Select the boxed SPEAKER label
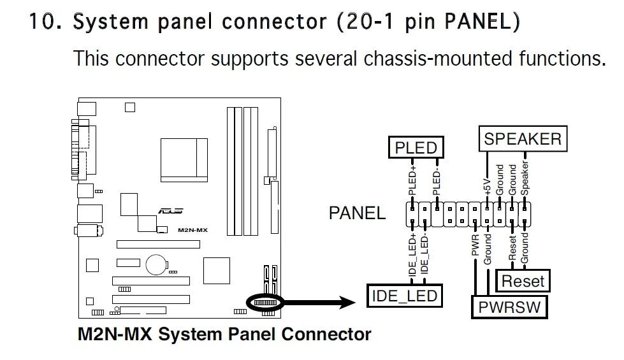[523, 139]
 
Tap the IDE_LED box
[405, 295]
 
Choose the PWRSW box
[509, 307]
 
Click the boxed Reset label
[523, 280]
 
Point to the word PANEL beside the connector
[357, 213]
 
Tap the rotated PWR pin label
[475, 245]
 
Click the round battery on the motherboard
[155, 264]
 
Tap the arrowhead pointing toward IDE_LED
[353, 301]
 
